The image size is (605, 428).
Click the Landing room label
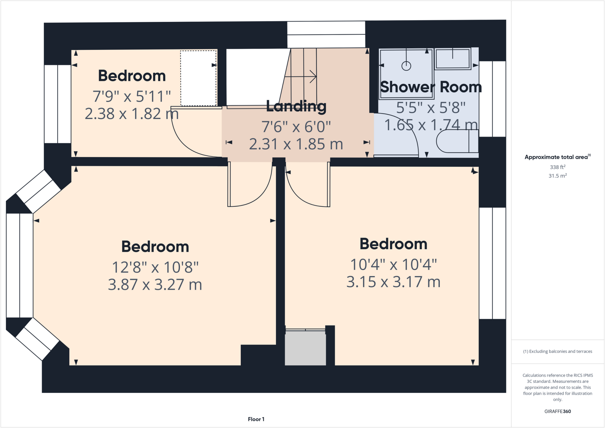tap(296, 106)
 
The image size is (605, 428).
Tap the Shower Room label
tap(431, 87)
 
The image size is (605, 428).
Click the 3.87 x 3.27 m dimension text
tap(155, 285)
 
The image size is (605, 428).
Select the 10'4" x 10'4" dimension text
tap(393, 265)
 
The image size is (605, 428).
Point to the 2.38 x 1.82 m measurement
tap(132, 114)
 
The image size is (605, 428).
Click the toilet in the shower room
tap(457, 141)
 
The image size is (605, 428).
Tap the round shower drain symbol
tap(406, 66)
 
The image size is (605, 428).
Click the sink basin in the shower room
tap(452, 59)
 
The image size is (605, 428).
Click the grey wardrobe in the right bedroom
tap(305, 348)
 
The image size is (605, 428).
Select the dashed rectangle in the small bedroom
tap(198, 78)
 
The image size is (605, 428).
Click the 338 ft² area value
tap(557, 167)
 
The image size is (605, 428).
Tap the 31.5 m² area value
tap(557, 176)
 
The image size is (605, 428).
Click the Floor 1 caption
tap(256, 419)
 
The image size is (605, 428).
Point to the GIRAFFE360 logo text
tap(557, 411)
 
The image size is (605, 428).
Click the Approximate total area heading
tap(557, 157)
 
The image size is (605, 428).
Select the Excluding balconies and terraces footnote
tap(557, 351)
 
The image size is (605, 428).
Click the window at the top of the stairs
tap(326, 35)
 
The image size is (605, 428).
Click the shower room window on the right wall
tap(492, 99)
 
